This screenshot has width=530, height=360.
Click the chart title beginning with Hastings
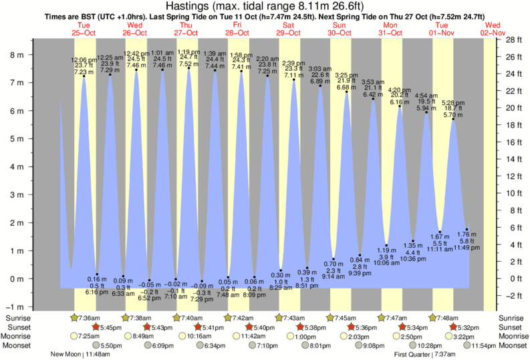[265, 6]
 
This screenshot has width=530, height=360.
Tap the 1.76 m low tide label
[467, 234]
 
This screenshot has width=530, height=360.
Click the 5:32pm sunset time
[467, 327]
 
